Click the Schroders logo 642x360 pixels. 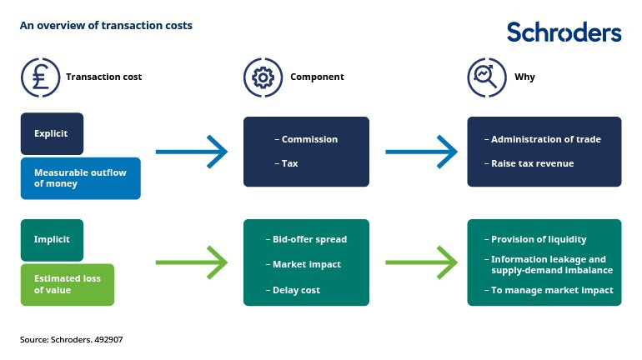click(564, 32)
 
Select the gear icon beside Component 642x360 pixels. click(260, 77)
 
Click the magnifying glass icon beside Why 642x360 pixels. click(484, 77)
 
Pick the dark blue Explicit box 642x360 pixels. click(52, 133)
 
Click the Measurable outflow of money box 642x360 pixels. click(80, 178)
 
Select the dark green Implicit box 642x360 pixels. click(52, 239)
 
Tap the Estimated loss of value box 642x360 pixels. click(67, 285)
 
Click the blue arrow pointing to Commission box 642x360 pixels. click(192, 152)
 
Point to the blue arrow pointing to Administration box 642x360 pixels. click(421, 152)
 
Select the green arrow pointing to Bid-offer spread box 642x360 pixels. click(192, 263)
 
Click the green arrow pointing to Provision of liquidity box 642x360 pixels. click(421, 263)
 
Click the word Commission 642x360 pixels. click(309, 139)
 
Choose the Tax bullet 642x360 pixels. click(288, 163)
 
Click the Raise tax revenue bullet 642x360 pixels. click(532, 163)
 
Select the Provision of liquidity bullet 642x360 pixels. click(539, 239)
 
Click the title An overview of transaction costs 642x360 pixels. click(106, 26)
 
